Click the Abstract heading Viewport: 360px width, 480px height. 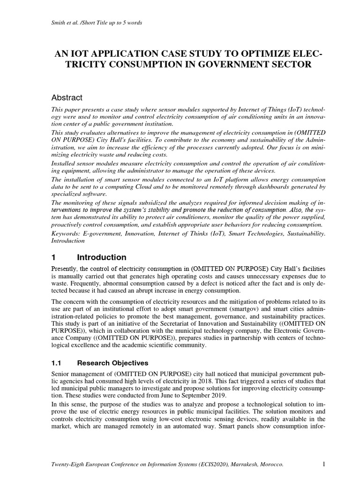click(67, 98)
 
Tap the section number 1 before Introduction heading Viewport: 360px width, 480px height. click(53, 257)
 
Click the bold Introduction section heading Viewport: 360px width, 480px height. click(102, 257)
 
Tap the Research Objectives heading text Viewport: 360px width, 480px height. click(112, 363)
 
